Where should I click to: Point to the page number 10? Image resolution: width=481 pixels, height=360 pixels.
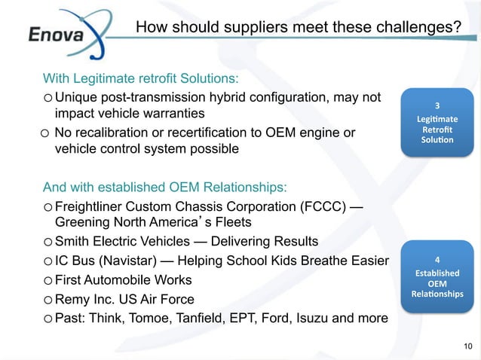click(466, 346)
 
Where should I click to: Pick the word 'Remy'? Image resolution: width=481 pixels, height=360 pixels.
click(72, 299)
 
